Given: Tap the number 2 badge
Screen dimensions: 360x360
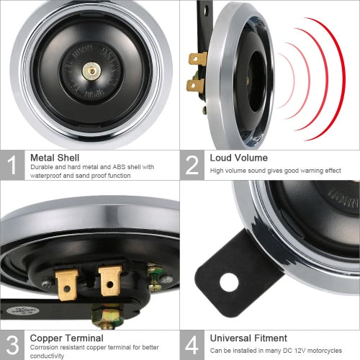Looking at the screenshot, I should [192, 164].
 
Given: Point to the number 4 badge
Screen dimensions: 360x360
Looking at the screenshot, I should [192, 344].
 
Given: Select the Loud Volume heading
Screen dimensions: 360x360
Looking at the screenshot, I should [238, 157].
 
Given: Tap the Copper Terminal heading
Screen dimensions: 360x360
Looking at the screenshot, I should [66, 337].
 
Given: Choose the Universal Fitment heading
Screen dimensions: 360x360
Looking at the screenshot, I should [248, 337].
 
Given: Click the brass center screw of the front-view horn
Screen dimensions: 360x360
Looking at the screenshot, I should [91, 71].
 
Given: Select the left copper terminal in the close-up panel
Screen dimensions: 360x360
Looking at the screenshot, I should [66, 283].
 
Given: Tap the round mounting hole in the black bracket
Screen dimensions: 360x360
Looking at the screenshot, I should [229, 282].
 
